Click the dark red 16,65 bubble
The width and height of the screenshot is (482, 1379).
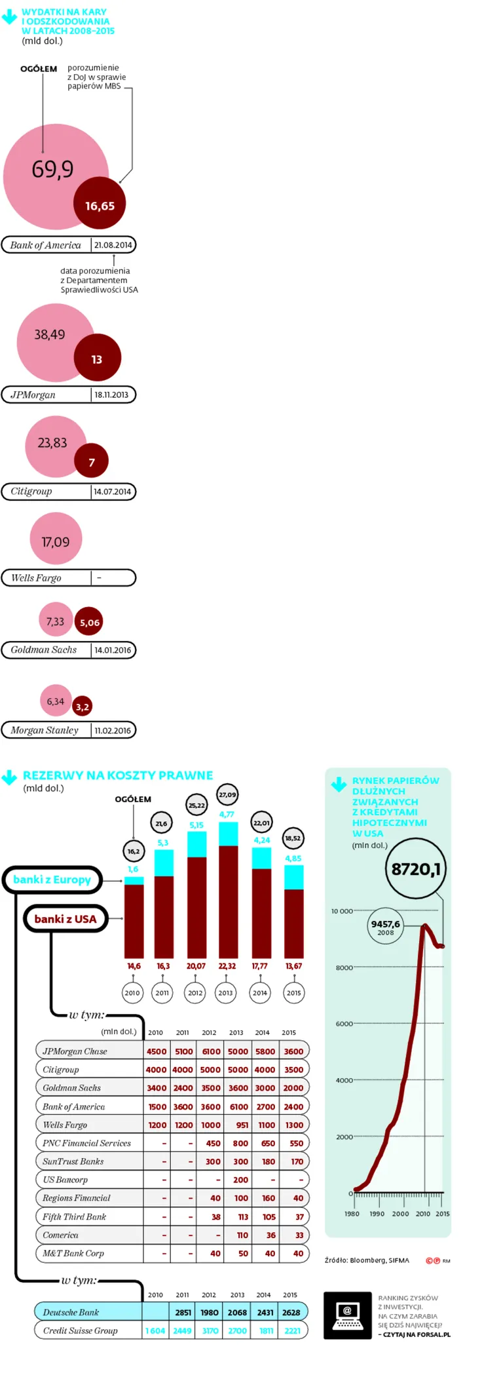click(x=100, y=203)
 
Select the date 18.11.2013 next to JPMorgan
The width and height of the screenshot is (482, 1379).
click(x=111, y=395)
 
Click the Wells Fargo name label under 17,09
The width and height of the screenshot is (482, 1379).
click(x=36, y=577)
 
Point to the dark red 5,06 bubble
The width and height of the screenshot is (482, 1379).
click(x=90, y=622)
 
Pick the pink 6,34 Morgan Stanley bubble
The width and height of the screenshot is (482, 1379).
click(x=56, y=701)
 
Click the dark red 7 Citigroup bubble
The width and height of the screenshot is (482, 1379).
click(x=91, y=461)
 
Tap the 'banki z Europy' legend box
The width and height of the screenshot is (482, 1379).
click(x=52, y=880)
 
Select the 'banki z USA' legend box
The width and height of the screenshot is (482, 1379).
click(x=65, y=919)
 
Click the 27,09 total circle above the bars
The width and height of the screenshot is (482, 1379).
click(x=227, y=794)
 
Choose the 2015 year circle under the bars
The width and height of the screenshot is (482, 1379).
click(x=293, y=992)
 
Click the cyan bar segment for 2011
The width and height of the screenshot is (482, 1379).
click(x=164, y=863)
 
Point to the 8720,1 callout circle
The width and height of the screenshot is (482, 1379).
click(x=416, y=869)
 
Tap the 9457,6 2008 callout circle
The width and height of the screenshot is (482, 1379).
click(x=385, y=926)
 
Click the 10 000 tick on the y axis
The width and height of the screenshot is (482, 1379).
click(x=342, y=911)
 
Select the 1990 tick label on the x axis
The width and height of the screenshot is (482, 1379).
click(x=377, y=1214)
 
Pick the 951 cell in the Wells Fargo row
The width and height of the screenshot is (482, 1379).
click(x=242, y=1125)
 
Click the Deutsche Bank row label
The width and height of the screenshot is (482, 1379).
click(x=71, y=1312)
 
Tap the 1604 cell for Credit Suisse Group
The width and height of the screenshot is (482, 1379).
click(x=155, y=1330)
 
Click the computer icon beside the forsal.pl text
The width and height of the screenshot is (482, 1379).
click(x=347, y=1315)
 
